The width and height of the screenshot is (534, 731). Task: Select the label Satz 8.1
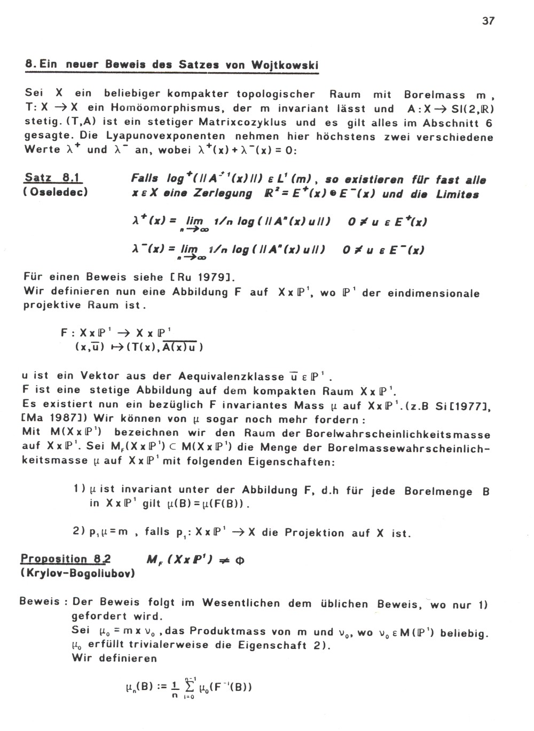53,178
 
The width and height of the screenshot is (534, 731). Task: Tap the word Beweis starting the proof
40,601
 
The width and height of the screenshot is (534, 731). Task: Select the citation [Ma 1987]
46,419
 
